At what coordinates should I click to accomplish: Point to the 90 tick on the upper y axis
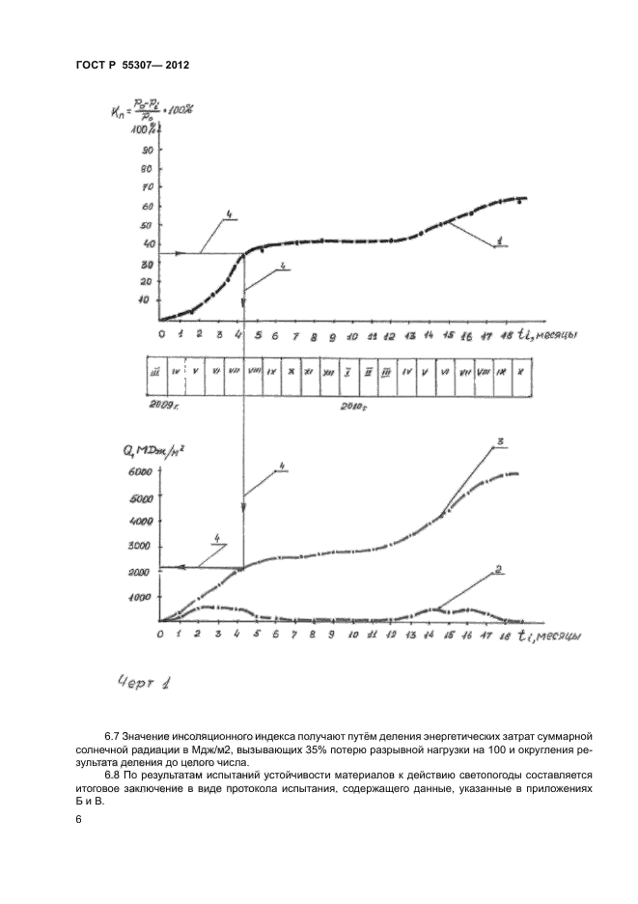point(148,151)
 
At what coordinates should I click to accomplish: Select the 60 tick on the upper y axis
point(148,207)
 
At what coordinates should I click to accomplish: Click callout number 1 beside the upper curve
point(500,240)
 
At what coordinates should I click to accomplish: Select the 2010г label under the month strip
point(354,409)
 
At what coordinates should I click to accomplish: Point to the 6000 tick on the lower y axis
point(141,472)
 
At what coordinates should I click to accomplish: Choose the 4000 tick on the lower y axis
point(141,522)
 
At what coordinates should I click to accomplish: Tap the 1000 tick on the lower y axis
point(141,598)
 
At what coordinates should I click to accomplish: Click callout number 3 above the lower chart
point(500,443)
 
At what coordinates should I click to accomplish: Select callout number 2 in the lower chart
point(499,569)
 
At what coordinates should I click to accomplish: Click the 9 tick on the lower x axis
point(332,636)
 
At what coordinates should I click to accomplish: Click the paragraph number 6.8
point(118,775)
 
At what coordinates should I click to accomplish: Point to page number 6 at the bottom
point(77,819)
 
